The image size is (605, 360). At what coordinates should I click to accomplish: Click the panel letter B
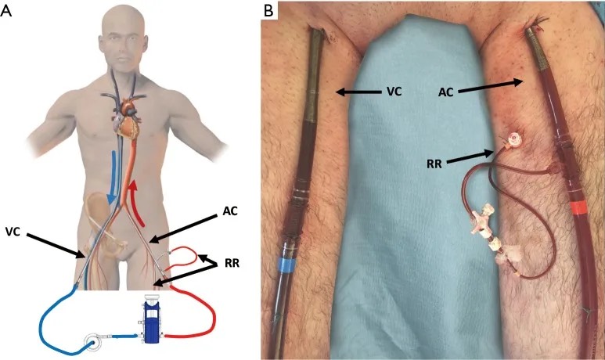pos(268,10)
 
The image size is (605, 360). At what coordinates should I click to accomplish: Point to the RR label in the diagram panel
pos(232,264)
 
